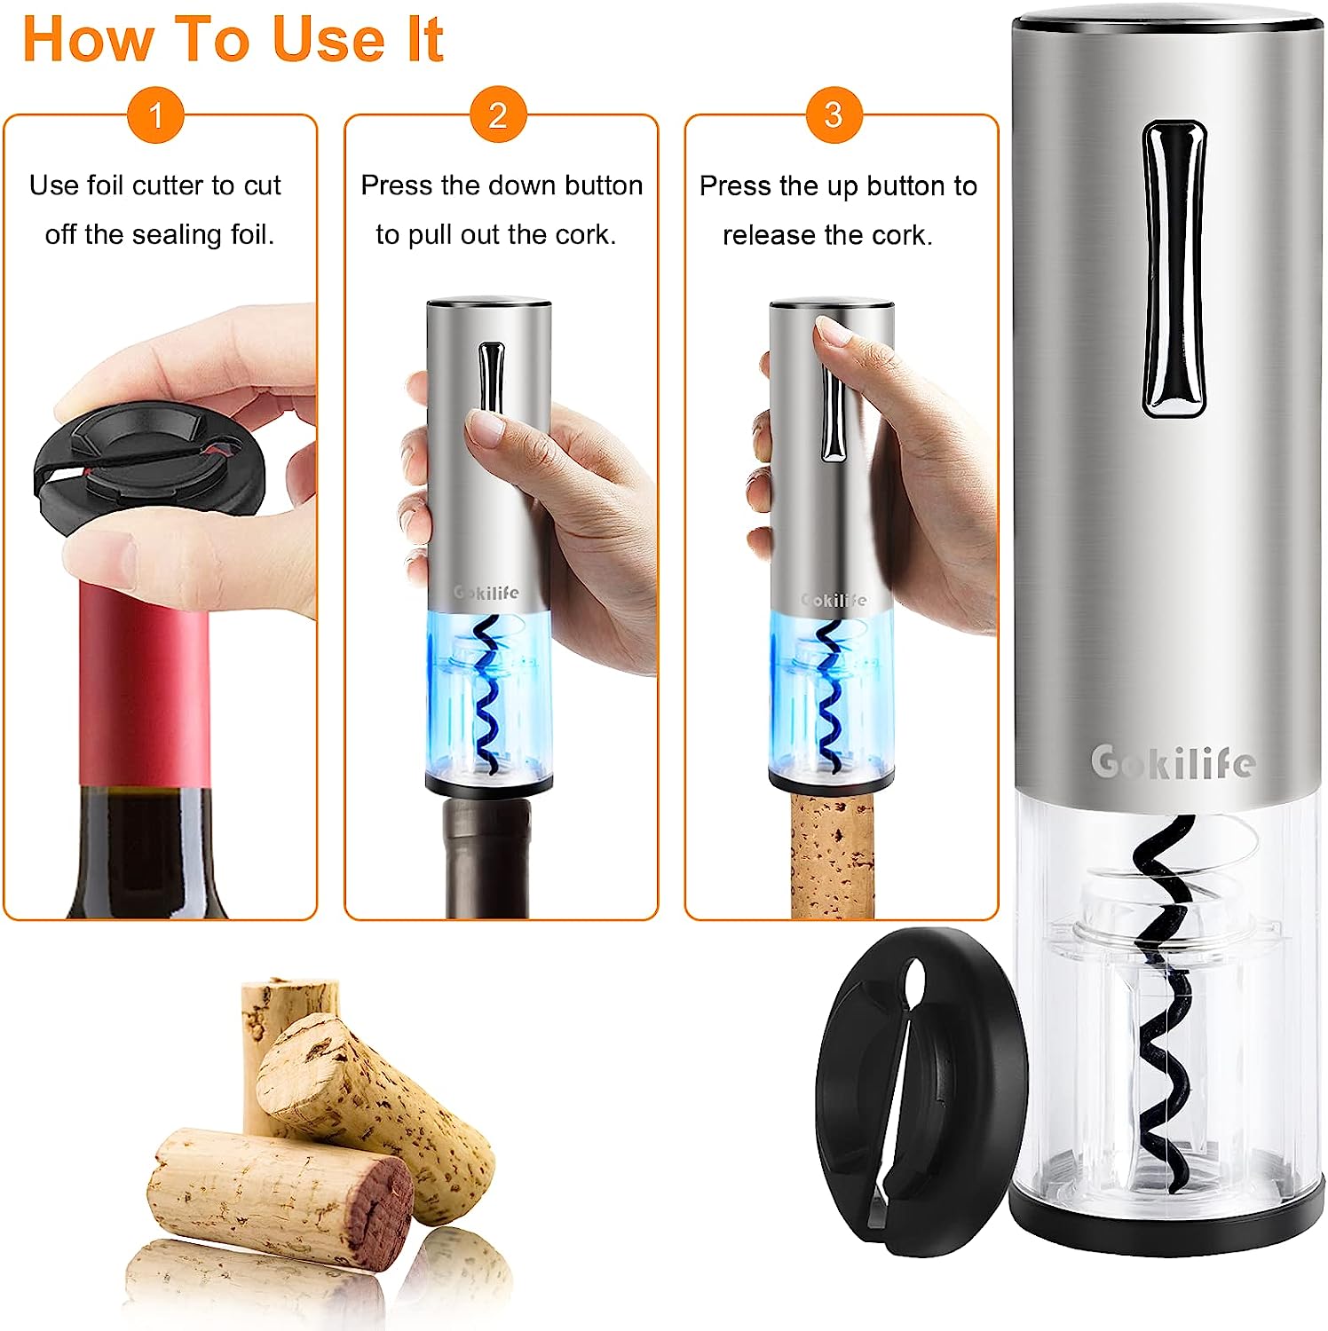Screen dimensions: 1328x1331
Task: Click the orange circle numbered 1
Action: pos(155,114)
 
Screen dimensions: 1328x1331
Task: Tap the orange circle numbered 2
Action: pos(498,114)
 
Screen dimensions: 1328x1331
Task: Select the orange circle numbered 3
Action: pos(834,114)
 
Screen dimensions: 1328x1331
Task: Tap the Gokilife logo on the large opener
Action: pos(1172,761)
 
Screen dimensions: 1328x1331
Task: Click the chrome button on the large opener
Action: pos(1174,268)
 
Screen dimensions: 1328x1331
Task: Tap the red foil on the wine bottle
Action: pos(145,683)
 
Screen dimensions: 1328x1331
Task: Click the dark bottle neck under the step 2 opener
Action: pos(487,857)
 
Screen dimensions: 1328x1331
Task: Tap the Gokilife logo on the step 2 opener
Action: pos(486,592)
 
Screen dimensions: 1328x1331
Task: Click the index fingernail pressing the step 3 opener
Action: pos(832,331)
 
